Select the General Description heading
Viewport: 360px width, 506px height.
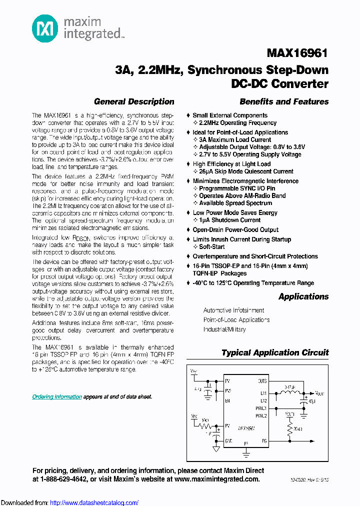pos(134,101)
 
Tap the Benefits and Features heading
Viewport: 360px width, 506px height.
pos(284,101)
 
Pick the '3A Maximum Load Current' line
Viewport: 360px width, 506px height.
pos(235,140)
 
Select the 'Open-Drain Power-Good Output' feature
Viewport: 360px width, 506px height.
pos(235,229)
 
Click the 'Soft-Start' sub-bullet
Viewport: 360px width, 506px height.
pos(212,247)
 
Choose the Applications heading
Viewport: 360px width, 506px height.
pos(303,296)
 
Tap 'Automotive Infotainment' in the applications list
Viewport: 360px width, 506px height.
pos(233,310)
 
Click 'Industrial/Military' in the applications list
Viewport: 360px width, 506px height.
pos(224,329)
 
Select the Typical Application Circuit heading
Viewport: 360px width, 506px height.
pos(275,352)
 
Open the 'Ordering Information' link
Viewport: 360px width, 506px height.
pos(57,396)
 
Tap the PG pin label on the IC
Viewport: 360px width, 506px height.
pos(264,440)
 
